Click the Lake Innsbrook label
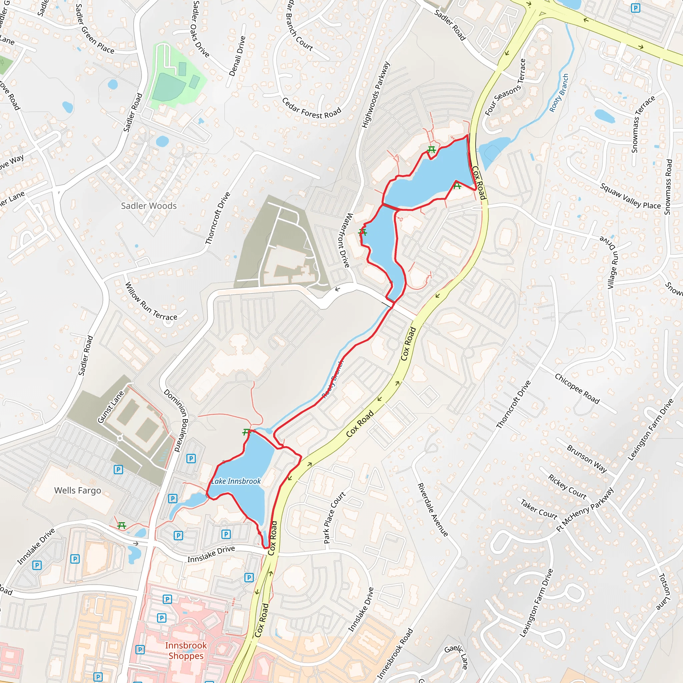236,481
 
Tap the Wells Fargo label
77,490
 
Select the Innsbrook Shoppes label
186,650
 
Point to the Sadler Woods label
149,206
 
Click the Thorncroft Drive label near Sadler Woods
218,218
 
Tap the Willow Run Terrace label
151,301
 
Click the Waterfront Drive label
343,240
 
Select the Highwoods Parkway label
376,94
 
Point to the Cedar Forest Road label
311,108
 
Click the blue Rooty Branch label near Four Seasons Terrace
559,93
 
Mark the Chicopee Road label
577,389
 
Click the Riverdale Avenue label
433,510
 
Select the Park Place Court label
334,517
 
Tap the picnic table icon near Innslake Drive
122,525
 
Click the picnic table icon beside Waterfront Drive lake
363,232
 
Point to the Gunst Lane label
111,407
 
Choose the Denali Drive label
237,56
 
